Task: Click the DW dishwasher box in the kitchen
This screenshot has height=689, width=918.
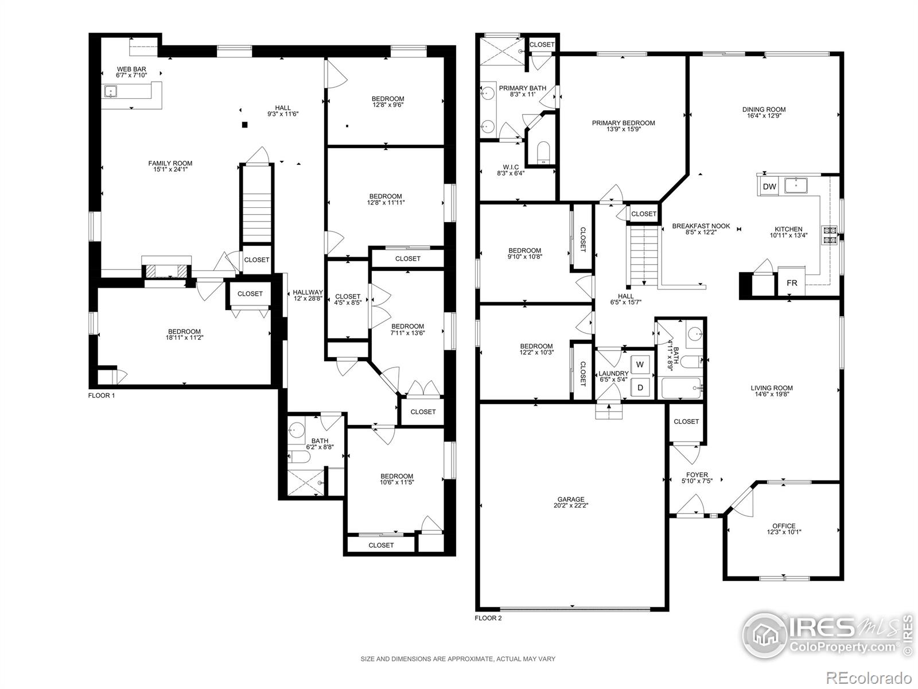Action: [769, 187]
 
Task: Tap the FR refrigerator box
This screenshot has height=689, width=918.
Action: [792, 283]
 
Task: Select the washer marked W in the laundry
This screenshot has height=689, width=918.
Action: [640, 365]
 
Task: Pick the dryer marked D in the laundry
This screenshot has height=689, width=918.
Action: [640, 388]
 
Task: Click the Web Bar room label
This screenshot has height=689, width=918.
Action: [131, 69]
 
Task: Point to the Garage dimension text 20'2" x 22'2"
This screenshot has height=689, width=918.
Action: [571, 506]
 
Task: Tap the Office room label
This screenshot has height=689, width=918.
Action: [784, 525]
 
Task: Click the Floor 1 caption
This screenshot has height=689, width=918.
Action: [101, 395]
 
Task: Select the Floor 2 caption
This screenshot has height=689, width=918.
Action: [488, 618]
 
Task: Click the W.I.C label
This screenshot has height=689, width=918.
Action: [511, 166]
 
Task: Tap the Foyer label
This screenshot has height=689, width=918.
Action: [697, 475]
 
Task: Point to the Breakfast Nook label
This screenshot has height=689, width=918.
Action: [701, 226]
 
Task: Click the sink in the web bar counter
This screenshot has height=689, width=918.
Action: [111, 91]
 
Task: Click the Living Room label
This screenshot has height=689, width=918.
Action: [772, 388]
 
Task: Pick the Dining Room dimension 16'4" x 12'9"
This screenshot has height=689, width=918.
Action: [763, 115]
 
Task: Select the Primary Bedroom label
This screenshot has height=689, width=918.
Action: [623, 123]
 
